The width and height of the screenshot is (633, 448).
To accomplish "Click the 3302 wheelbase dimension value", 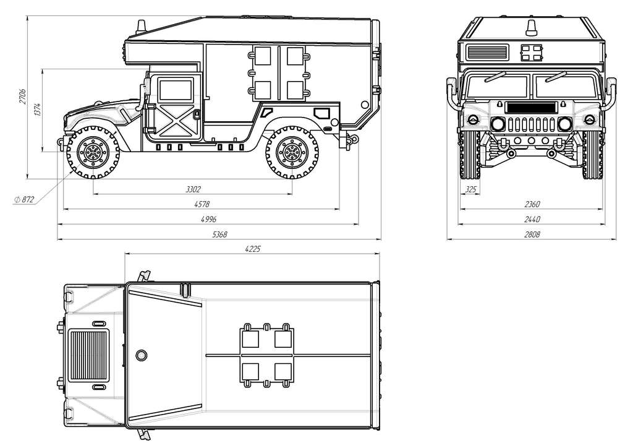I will tap(193, 189).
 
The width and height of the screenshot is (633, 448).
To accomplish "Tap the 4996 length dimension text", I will tap(207, 220).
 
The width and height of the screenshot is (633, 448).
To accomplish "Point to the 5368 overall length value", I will tap(219, 235).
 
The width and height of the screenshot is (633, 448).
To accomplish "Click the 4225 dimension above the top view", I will tap(252, 249).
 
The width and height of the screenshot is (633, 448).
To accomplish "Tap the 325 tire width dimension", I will tap(470, 190).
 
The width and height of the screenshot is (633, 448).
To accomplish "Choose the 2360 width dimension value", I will tap(531, 204).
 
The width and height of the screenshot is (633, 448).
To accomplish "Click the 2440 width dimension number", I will tap(531, 219).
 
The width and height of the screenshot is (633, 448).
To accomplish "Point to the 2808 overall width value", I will tap(531, 235).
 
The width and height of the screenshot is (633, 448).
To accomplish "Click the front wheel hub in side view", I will tap(93, 152).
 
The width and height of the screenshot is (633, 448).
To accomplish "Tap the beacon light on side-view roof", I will tap(142, 26).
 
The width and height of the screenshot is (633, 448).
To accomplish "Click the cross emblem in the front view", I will tap(530, 53).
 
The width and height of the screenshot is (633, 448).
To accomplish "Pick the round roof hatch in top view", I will tap(142, 355).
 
